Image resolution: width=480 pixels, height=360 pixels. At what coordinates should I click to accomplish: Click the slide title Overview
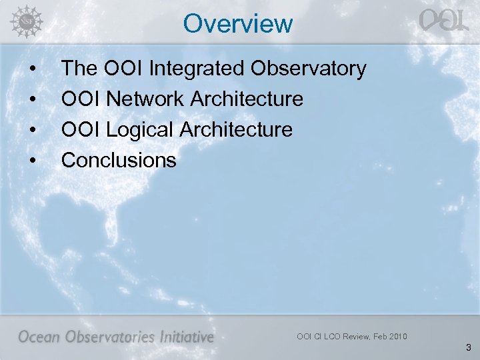pyautogui.click(x=238, y=24)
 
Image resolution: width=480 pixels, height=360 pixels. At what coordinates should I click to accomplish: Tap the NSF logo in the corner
pyautogui.click(x=25, y=21)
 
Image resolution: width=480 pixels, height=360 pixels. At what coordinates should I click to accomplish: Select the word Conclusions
pyautogui.click(x=119, y=160)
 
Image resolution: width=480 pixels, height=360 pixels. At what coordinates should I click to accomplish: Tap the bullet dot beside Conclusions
pyautogui.click(x=32, y=161)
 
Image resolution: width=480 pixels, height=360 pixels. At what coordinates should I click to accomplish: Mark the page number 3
pyautogui.click(x=469, y=347)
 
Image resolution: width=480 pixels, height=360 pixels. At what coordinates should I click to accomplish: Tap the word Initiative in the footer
pyautogui.click(x=187, y=337)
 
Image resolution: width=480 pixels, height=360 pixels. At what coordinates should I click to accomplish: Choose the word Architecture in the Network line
pyautogui.click(x=247, y=99)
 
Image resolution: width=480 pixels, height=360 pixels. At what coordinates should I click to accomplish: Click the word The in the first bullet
pyautogui.click(x=77, y=69)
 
